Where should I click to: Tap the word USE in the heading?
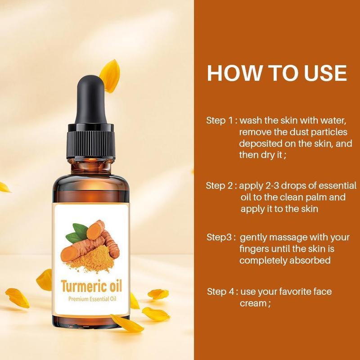(x=325, y=73)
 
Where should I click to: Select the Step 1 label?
(x=220, y=121)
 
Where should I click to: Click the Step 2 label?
(x=219, y=186)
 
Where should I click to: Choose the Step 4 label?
(x=220, y=292)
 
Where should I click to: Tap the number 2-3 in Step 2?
(x=272, y=186)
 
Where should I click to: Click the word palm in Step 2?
(x=314, y=198)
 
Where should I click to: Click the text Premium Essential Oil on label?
(x=92, y=299)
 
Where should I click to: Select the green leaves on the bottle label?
(x=77, y=233)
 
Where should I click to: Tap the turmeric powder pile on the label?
(x=93, y=260)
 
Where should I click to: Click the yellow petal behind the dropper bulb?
(x=110, y=76)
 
